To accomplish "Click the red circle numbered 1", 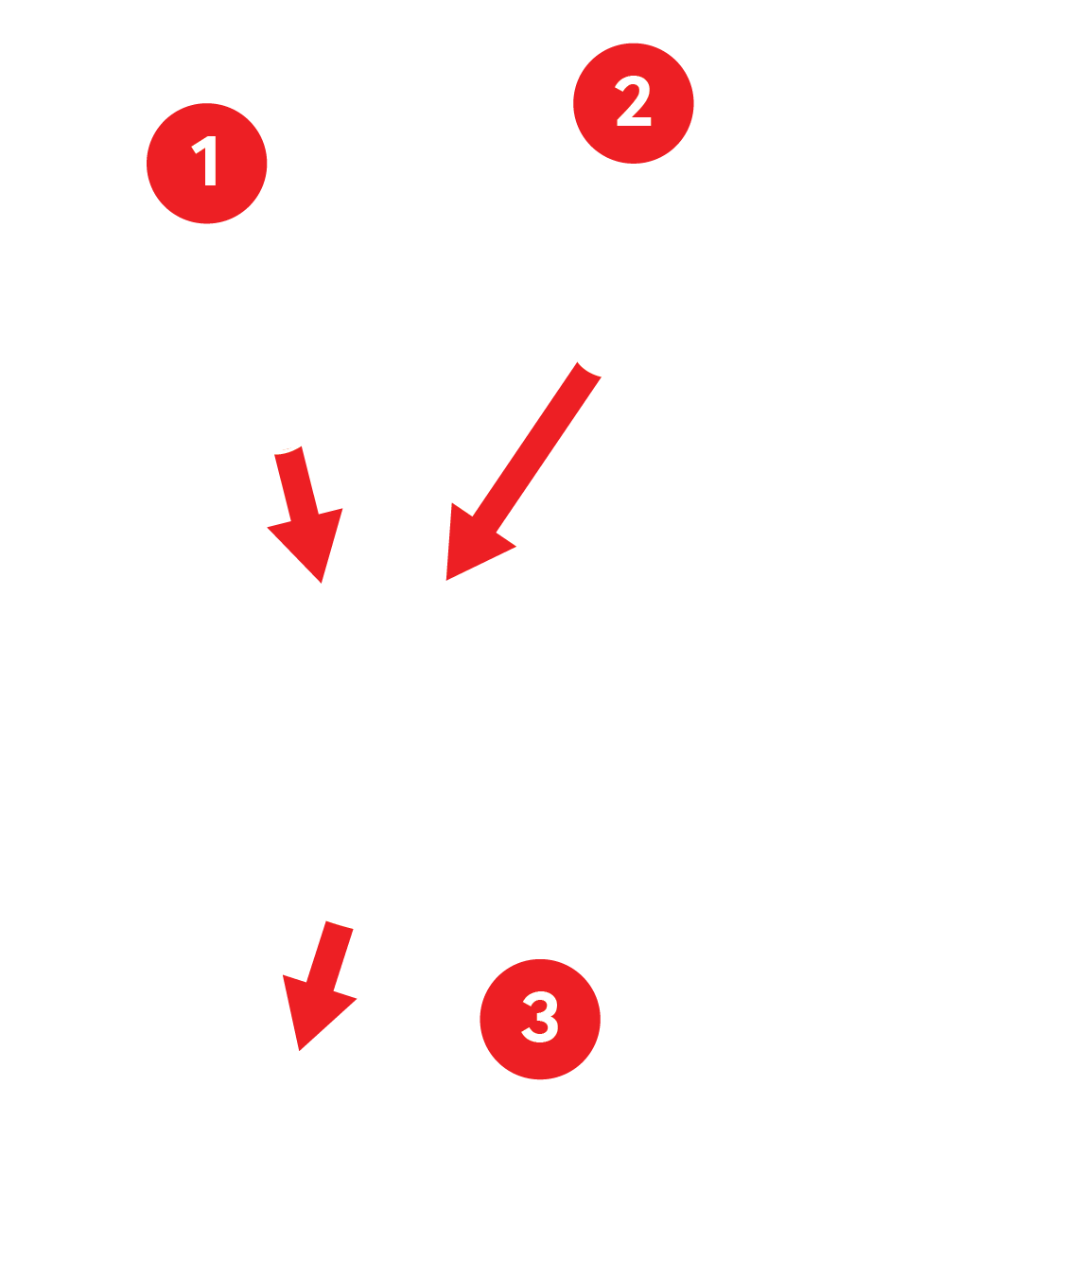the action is tap(206, 164).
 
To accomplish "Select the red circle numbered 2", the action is tap(633, 103).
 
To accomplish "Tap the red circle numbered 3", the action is tap(540, 1019).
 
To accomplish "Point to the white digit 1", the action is tap(204, 160).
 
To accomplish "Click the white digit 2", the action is tap(633, 101).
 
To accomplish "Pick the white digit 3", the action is tap(540, 1017).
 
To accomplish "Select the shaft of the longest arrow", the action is tap(536, 446).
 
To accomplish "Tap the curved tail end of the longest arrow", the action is tap(588, 370).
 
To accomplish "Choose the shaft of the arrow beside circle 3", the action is tap(329, 955).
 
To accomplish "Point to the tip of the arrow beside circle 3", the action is tap(299, 1050).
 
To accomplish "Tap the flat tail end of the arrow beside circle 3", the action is tap(340, 925).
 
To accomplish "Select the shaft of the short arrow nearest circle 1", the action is tap(296, 484).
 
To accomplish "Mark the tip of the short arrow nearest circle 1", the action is tap(321, 583).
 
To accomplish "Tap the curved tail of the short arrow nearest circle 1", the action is tap(288, 450).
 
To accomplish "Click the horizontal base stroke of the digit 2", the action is tap(635, 122).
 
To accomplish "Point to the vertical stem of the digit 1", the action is tap(210, 160).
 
